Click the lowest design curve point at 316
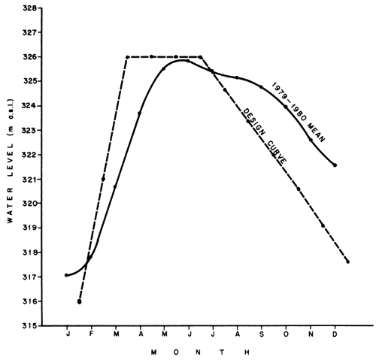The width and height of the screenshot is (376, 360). [x=79, y=301]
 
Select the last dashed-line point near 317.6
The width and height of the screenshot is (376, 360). [x=347, y=262]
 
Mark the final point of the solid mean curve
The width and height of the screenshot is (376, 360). [x=335, y=165]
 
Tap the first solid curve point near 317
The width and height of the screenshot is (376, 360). [x=67, y=275]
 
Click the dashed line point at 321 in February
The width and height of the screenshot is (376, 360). [x=103, y=179]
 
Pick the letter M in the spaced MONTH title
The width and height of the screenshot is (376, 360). [x=153, y=350]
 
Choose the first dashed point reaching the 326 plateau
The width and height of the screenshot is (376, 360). [x=127, y=56]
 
